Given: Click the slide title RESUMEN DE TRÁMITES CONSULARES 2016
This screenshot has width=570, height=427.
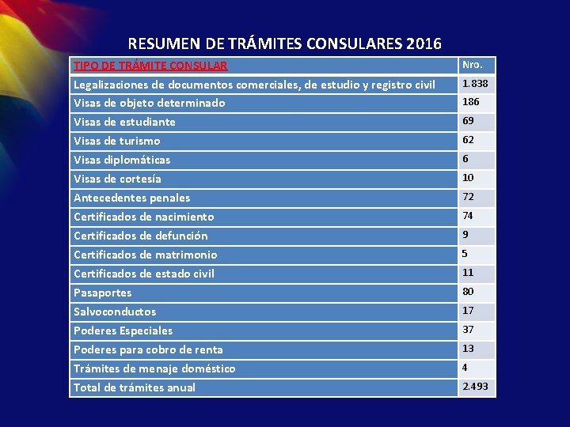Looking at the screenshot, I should tap(284, 43).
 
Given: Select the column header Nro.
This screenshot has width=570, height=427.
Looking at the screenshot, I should tap(472, 64).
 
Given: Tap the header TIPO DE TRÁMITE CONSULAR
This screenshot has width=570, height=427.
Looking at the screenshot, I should tap(150, 66).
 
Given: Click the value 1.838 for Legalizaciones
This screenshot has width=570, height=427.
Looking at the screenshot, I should tap(475, 83).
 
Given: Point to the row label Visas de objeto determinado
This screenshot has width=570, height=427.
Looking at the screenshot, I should tap(149, 103).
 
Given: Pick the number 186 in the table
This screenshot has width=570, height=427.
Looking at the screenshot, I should tap(471, 102).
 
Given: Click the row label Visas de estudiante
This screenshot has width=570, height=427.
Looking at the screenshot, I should tap(124, 122).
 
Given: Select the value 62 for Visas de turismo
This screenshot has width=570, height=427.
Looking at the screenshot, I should tap(469, 140).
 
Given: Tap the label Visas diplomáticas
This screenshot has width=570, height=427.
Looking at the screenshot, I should tap(122, 160).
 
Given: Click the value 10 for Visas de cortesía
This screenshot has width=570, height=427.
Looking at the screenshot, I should tap(468, 178).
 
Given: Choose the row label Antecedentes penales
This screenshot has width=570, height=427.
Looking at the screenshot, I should tap(131, 198).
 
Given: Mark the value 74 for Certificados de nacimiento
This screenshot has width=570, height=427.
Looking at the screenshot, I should tap(468, 216).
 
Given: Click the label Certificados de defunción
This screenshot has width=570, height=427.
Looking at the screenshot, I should tap(140, 236).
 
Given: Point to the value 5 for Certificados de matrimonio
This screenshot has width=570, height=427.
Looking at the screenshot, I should tap(465, 254).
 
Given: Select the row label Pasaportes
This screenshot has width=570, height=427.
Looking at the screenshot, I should tap(102, 293).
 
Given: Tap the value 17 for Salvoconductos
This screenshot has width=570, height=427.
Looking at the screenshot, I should tap(468, 311).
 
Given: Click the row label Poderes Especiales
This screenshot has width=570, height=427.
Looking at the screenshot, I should tap(123, 331).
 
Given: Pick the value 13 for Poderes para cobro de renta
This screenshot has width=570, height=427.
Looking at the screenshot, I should tap(468, 349).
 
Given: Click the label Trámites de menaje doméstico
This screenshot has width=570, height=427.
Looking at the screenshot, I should tap(154, 368).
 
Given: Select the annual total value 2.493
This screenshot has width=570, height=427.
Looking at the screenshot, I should tap(475, 387).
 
